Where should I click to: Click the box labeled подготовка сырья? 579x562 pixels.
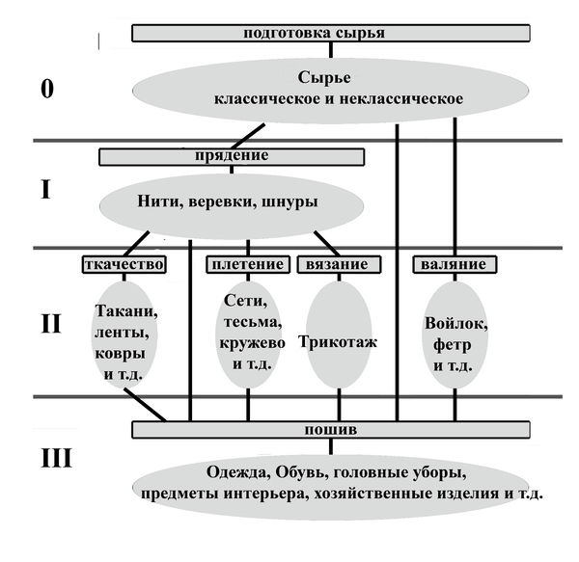[329, 32]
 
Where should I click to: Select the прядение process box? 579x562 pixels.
[232, 155]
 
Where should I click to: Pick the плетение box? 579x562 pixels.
[248, 264]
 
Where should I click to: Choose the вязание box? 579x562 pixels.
[336, 264]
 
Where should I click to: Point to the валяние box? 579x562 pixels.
[455, 264]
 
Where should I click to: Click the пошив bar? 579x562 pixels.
[331, 429]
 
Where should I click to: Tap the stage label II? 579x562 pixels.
[51, 322]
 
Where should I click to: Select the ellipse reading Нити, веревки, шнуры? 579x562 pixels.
[232, 203]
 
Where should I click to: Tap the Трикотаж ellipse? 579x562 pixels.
[337, 342]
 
